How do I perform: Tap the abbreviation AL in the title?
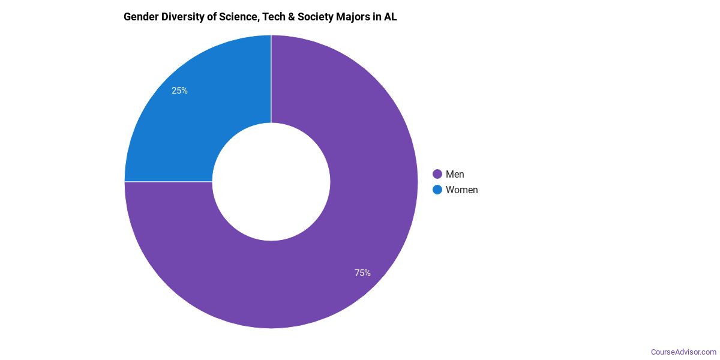[x=391, y=17]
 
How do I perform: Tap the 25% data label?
[x=179, y=91]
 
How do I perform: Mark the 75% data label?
[x=362, y=273]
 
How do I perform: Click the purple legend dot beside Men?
[x=437, y=174]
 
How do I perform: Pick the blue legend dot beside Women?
[x=437, y=190]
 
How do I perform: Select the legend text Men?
[x=455, y=174]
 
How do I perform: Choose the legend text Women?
[x=461, y=190]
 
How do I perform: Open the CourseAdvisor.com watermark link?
[x=683, y=352]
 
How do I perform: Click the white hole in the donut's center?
[x=271, y=181]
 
